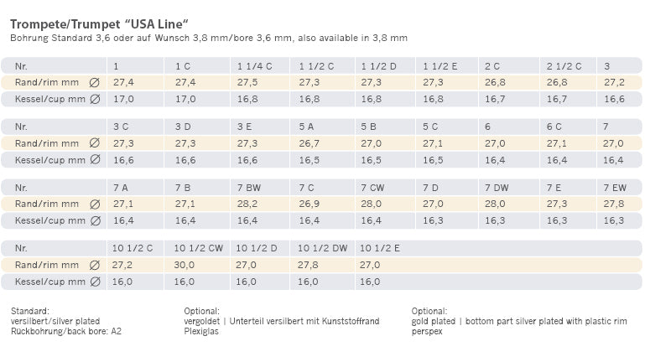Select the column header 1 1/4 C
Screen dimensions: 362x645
pos(255,65)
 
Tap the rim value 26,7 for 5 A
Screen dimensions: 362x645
pos(308,143)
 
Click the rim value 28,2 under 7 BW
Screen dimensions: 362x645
pos(247,204)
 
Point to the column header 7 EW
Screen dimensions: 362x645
pos(616,187)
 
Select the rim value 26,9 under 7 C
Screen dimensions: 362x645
pos(308,204)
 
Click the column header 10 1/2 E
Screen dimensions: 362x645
pos(380,248)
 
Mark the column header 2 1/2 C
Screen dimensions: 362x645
pos(564,65)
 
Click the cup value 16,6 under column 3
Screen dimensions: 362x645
pos(614,99)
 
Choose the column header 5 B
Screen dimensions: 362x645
pos(369,127)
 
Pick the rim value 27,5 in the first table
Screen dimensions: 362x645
pos(247,82)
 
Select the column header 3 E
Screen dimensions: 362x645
pos(245,127)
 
